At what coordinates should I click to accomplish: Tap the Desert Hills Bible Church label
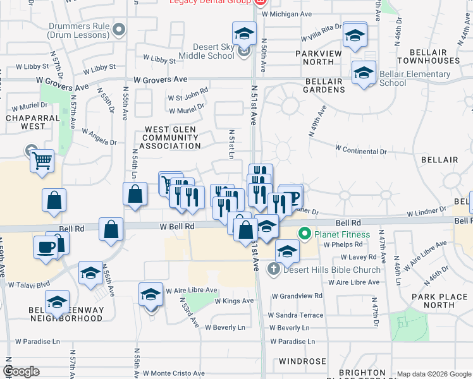[x=331, y=270]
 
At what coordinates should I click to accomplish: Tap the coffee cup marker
[x=46, y=246]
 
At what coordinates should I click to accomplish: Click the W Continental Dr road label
[x=360, y=150]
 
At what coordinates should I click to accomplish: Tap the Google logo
[x=22, y=371]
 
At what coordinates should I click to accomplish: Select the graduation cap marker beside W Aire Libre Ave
[x=150, y=294]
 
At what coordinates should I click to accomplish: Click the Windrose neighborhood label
[x=303, y=362]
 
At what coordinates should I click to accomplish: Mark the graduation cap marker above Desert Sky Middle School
[x=244, y=33]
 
